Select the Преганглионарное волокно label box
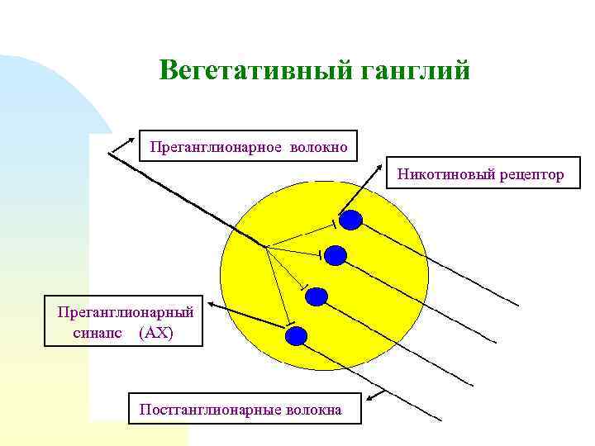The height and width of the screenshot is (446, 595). (249, 146)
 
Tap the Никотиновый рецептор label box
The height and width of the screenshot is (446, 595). (481, 174)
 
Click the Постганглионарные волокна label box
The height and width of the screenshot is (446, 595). (245, 409)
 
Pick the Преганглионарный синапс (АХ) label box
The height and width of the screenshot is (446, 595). (126, 322)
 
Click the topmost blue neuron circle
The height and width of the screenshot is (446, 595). (352, 220)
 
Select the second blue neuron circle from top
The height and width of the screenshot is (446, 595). (335, 255)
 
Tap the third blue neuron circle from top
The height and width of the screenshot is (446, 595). (317, 296)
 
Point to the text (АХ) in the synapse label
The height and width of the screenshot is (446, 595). (156, 332)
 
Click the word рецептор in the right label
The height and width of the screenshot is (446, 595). (531, 174)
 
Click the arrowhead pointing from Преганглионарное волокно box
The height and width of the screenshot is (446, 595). (112, 151)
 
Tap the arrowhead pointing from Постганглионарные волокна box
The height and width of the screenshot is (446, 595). (369, 399)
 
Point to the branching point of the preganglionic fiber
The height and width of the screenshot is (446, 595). (265, 245)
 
